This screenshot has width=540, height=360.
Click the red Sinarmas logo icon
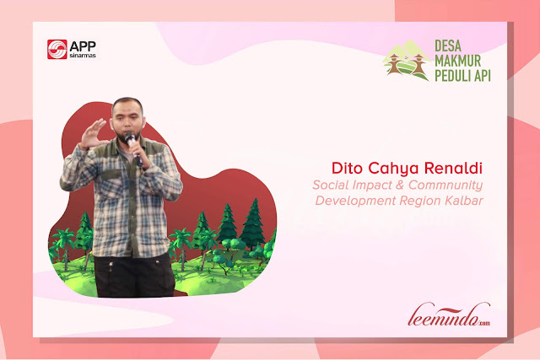pyautogui.click(x=57, y=49)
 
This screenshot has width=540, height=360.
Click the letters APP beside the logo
pyautogui.click(x=83, y=46)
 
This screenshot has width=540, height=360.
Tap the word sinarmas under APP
pyautogui.click(x=83, y=56)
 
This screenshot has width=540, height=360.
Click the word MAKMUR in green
pyautogui.click(x=457, y=61)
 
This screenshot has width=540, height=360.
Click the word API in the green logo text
pyautogui.click(x=483, y=76)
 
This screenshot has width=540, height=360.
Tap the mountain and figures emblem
pyautogui.click(x=407, y=61)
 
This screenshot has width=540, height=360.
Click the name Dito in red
pyautogui.click(x=347, y=168)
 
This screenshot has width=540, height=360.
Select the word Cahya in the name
pyautogui.click(x=393, y=169)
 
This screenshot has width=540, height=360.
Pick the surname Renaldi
pyautogui.click(x=453, y=168)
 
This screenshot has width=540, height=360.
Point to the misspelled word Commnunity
pyautogui.click(x=445, y=185)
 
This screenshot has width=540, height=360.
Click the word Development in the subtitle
pyautogui.click(x=355, y=201)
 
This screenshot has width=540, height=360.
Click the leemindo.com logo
pyautogui.click(x=449, y=314)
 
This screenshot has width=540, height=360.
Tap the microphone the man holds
pyautogui.click(x=133, y=148)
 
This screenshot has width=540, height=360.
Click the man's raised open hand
pyautogui.click(x=93, y=133)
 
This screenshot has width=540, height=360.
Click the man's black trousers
pyautogui.click(x=134, y=276)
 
